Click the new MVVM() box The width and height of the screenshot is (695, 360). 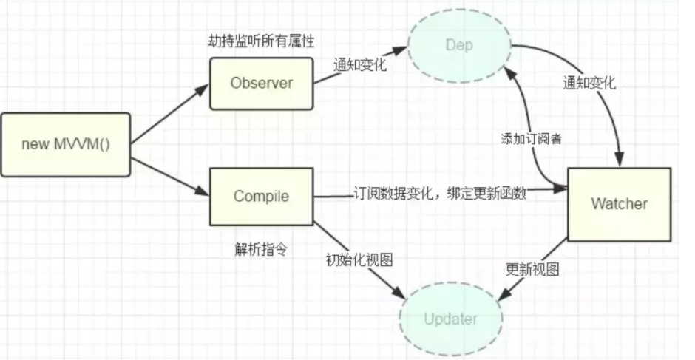pos(66,144)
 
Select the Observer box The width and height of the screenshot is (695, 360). pos(261,83)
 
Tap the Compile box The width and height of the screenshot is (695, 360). pos(261,197)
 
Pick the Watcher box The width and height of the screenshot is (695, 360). pos(619,203)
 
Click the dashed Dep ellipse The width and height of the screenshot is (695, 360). pos(458,45)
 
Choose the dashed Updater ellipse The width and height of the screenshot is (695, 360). pos(450,319)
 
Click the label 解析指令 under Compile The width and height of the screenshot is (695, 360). pos(260,249)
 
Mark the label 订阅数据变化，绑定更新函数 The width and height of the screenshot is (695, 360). pos(441,194)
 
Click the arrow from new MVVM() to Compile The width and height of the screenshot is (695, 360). pos(169,170)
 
